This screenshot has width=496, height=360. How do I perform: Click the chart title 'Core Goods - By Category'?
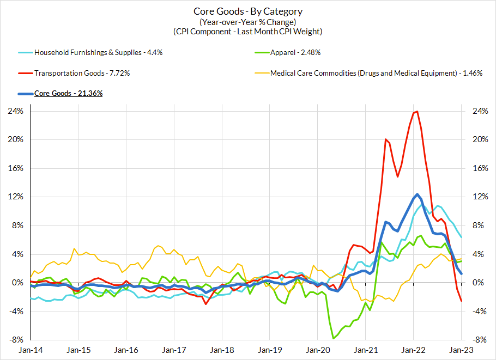[248, 11]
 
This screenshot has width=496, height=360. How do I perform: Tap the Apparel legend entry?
[295, 53]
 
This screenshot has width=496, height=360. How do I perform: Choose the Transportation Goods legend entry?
[82, 73]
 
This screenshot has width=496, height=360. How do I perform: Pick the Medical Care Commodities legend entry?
[376, 73]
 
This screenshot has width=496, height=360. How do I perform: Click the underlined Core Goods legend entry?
[68, 93]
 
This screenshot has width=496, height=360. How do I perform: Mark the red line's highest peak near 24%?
[417, 112]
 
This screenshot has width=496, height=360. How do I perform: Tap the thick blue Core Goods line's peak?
[417, 194]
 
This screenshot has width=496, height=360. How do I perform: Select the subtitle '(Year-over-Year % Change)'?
[248, 22]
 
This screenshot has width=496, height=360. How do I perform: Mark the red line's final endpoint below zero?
[462, 301]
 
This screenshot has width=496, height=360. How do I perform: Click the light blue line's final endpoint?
[462, 237]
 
